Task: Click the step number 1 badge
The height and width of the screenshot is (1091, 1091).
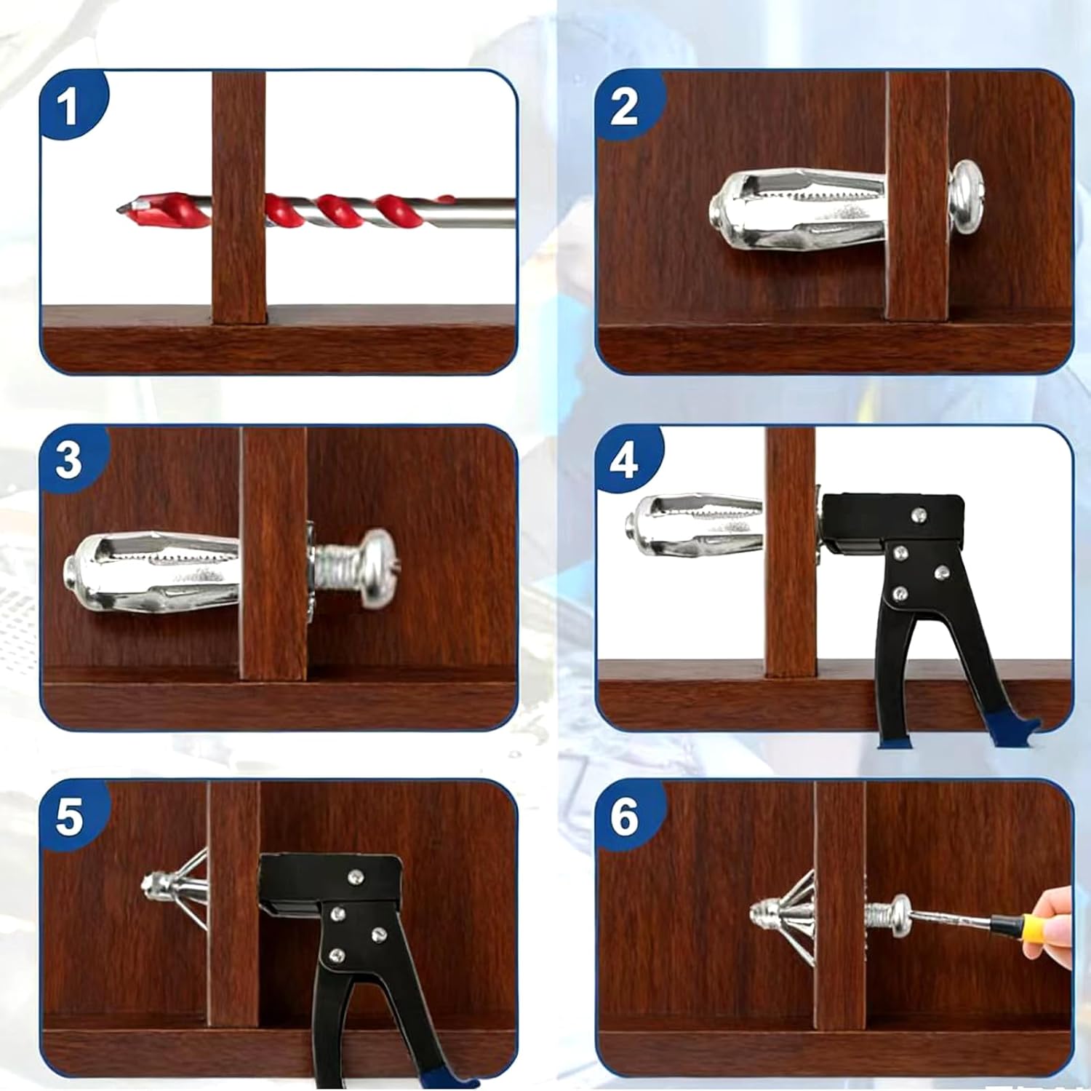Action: (x=68, y=106)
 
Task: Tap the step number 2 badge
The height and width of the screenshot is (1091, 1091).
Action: (x=624, y=106)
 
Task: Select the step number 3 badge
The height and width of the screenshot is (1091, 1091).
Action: (x=68, y=460)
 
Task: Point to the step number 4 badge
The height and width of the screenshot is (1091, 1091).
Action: (x=624, y=460)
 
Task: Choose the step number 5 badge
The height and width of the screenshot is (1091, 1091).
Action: (x=68, y=816)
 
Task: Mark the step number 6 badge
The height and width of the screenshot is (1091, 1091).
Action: (x=624, y=816)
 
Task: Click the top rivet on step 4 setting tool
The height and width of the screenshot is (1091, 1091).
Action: (x=919, y=515)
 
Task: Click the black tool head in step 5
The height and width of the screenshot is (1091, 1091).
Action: (x=331, y=884)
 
